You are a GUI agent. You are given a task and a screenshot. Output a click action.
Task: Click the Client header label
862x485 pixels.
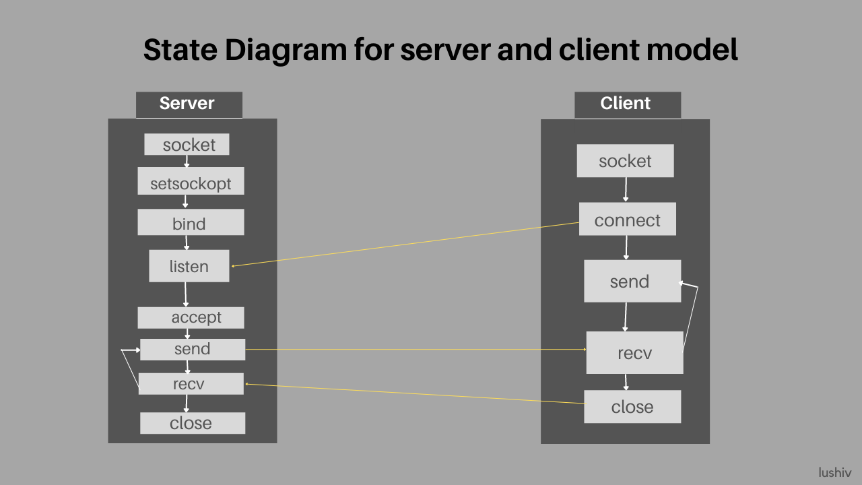pyautogui.click(x=627, y=104)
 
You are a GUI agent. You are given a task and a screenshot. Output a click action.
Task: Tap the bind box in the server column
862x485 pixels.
pyautogui.click(x=191, y=222)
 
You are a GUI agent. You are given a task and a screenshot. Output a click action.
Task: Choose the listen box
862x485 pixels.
pyautogui.click(x=189, y=266)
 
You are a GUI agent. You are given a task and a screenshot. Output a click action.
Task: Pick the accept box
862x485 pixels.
pyautogui.click(x=191, y=317)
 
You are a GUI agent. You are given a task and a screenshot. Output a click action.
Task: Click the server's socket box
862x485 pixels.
pyautogui.click(x=187, y=144)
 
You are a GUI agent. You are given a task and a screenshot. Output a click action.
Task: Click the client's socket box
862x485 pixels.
pyautogui.click(x=625, y=161)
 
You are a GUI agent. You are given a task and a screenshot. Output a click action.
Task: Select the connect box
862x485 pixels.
pyautogui.click(x=627, y=220)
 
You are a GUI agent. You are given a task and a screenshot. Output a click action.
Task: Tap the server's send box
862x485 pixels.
pyautogui.click(x=192, y=349)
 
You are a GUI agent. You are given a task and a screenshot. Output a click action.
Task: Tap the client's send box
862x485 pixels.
pyautogui.click(x=632, y=281)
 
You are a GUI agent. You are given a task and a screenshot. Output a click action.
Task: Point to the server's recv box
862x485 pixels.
pyautogui.click(x=191, y=384)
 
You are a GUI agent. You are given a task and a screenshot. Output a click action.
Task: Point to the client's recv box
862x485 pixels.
pyautogui.click(x=634, y=352)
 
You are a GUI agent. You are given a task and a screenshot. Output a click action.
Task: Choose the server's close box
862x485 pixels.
pyautogui.click(x=192, y=423)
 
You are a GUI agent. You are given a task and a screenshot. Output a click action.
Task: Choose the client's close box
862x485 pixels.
pyautogui.click(x=632, y=407)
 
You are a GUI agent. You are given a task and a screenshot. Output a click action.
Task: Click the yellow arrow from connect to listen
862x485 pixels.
pyautogui.click(x=404, y=245)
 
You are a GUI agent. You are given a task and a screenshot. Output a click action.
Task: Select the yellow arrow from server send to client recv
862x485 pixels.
pyautogui.click(x=415, y=349)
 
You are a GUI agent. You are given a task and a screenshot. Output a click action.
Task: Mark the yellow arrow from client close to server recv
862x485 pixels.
pyautogui.click(x=414, y=393)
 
